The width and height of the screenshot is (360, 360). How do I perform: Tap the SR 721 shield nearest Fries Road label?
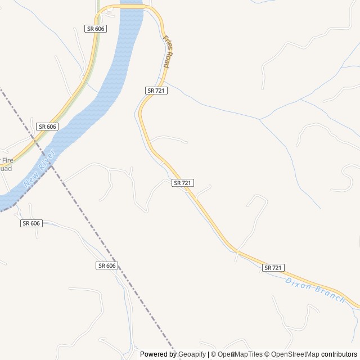click(156, 91)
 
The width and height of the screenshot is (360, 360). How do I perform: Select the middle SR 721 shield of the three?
click(183, 183)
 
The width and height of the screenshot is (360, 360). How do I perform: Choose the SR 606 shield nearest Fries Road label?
click(96, 28)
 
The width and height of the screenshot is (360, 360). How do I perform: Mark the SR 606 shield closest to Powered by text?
click(106, 265)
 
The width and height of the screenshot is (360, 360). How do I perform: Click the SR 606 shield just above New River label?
click(47, 127)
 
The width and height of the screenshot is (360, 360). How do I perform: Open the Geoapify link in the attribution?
click(192, 354)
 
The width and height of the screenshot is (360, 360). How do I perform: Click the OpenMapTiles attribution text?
click(240, 354)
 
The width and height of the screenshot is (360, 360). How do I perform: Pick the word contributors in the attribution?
click(339, 354)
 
